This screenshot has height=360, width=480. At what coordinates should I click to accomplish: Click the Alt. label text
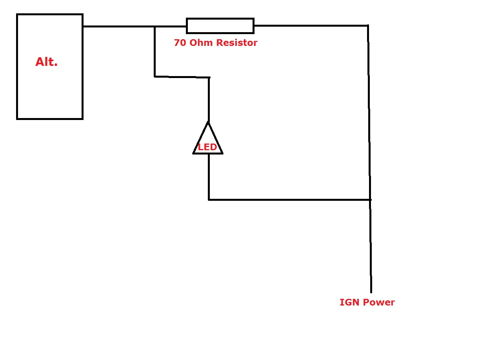point(46,62)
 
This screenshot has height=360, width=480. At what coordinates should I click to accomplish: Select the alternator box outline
point(50,66)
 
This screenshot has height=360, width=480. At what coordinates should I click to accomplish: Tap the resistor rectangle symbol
point(220,26)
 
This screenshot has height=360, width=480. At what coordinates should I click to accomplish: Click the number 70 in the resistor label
point(180,43)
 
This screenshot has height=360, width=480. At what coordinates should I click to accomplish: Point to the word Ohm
point(201,42)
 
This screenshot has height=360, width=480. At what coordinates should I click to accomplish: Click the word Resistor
point(237,42)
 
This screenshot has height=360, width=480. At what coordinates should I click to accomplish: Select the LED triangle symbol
point(208,138)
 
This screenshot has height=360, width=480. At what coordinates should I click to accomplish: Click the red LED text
point(207,147)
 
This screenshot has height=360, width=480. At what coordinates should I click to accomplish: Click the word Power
point(379,302)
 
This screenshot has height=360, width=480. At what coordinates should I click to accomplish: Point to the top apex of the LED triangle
point(208,122)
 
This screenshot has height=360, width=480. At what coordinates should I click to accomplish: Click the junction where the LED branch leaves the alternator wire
point(155,26)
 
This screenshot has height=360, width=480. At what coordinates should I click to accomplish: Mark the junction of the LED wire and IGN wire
point(370,200)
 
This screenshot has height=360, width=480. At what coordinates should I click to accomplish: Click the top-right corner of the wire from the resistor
point(368,25)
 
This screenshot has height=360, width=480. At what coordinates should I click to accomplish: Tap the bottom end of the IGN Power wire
point(371,292)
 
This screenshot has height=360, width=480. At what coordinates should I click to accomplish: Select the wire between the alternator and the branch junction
point(119,26)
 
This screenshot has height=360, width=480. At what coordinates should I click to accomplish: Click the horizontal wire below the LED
point(289,200)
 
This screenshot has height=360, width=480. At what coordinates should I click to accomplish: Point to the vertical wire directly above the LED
point(209,100)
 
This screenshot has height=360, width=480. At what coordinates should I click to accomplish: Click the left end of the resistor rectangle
point(187,26)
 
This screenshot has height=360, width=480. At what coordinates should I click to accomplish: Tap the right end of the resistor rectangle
point(254,26)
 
